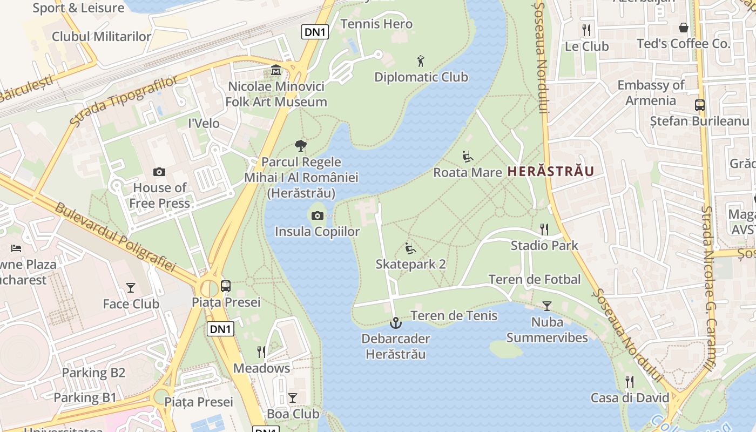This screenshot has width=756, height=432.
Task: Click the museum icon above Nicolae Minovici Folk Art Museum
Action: click(x=276, y=70)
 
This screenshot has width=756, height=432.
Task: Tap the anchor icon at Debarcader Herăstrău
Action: click(x=396, y=323)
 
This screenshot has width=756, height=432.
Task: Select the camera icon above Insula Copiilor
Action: click(x=318, y=216)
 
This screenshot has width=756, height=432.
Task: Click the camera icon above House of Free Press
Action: click(x=159, y=172)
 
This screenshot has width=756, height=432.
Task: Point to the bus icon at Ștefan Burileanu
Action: click(x=699, y=105)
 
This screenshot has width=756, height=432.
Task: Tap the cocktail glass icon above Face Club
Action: click(x=131, y=288)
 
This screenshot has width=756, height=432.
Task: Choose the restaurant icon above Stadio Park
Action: click(x=544, y=230)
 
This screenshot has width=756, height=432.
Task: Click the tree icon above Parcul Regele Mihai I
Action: click(x=301, y=146)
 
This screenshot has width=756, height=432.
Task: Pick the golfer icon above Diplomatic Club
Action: click(x=421, y=61)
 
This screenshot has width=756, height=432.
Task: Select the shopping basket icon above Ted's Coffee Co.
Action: click(x=684, y=28)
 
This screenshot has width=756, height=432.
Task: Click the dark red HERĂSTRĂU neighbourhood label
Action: click(x=551, y=172)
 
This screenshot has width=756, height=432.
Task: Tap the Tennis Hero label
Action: click(x=376, y=24)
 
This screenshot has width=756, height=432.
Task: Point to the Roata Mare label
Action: click(x=468, y=173)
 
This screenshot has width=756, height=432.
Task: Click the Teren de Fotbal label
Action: click(x=535, y=279)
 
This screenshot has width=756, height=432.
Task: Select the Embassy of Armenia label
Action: click(x=651, y=93)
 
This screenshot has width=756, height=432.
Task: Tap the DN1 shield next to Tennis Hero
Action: click(x=314, y=32)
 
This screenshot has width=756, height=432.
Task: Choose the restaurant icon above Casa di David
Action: click(x=629, y=382)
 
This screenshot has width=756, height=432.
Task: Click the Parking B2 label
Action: click(x=93, y=373)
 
